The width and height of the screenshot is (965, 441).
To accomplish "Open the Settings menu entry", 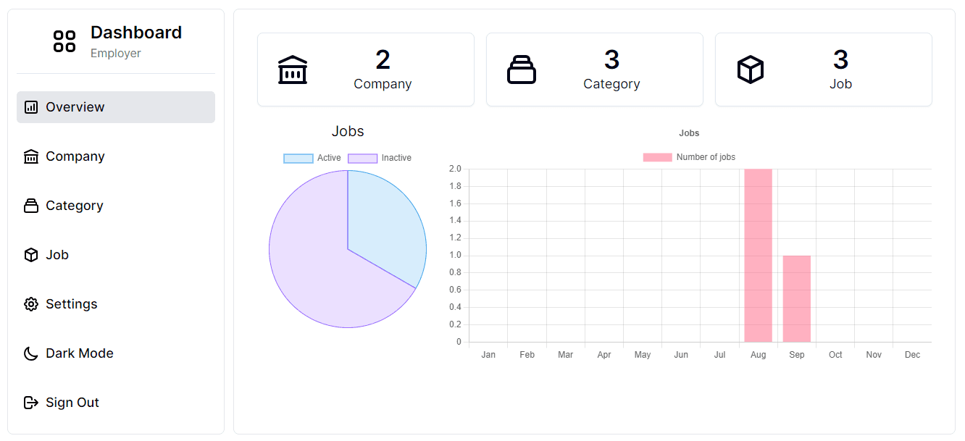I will tap(71, 304).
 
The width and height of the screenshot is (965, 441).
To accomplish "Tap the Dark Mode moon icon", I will tap(30, 353).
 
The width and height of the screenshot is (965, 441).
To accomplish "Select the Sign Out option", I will tap(72, 403).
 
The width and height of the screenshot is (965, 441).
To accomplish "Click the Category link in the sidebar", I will tap(74, 206).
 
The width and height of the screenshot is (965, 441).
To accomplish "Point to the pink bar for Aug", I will tap(758, 255).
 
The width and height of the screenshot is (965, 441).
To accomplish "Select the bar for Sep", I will tap(796, 298).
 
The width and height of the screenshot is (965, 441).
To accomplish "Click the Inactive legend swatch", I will tap(363, 158).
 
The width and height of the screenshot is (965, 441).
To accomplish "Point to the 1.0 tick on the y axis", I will tap(455, 255).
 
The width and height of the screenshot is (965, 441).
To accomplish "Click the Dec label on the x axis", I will tap(912, 355).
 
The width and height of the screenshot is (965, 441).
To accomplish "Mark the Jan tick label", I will tap(488, 355).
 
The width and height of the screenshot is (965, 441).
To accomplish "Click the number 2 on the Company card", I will tap(383, 59).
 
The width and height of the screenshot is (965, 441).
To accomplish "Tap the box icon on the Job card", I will tap(751, 70).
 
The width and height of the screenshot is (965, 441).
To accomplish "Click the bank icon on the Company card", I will tap(293, 70).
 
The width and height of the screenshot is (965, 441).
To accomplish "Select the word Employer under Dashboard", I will tap(116, 54).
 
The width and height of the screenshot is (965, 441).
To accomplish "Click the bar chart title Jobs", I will tap(689, 133).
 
